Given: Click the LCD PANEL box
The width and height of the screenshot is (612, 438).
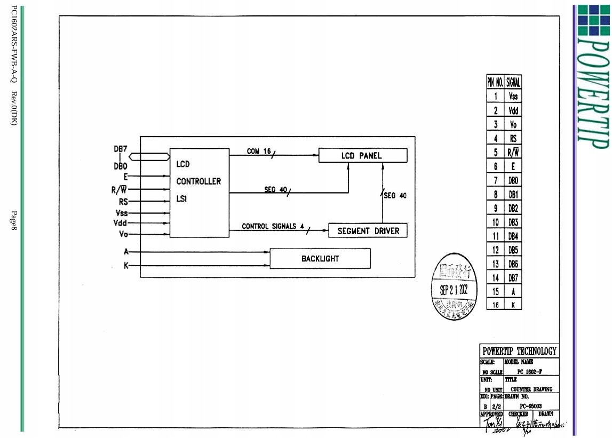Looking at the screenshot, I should click(362, 155).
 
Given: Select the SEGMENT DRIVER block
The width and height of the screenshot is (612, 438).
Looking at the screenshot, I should click(368, 231).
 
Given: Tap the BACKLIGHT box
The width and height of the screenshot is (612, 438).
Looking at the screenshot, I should click(320, 258).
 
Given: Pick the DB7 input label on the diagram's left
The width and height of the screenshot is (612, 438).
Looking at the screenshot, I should click(120, 148).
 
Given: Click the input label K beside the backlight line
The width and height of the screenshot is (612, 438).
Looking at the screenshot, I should click(126, 266).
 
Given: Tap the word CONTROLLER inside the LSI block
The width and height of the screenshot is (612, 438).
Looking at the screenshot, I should click(198, 181).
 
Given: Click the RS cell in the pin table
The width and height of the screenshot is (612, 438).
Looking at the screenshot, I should click(513, 138).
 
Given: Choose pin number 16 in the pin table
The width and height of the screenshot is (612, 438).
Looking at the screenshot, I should click(496, 305).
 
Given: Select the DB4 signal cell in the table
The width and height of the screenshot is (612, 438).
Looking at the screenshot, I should click(513, 236).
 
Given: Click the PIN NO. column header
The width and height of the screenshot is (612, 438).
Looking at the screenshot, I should click(495, 82).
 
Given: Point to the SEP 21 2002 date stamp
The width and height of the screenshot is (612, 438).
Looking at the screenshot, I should click(453, 290).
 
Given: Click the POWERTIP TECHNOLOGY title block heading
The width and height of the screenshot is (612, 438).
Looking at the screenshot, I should click(519, 351).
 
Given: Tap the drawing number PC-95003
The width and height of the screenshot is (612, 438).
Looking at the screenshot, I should click(530, 406).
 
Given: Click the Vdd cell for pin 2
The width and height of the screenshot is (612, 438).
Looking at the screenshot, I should click(513, 110).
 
